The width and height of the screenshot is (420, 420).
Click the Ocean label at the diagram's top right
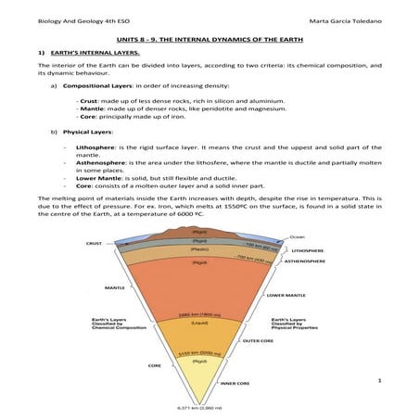(x=298, y=236)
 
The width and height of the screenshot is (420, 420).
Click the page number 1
(x=380, y=379)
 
